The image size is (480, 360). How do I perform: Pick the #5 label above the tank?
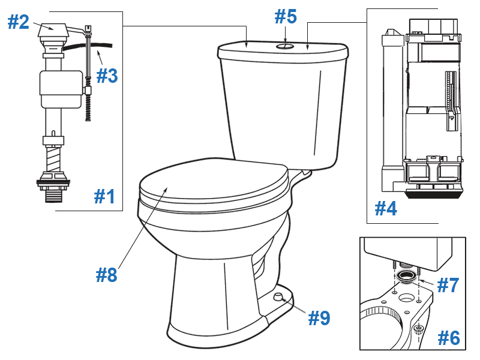pyautogui.click(x=286, y=17)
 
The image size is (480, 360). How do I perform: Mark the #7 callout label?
pyautogui.click(x=448, y=285)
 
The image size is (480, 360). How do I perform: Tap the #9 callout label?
pyautogui.click(x=319, y=317)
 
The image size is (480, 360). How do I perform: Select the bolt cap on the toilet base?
pyautogui.click(x=278, y=297)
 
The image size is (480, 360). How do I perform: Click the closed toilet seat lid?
pyautogui.click(x=210, y=180)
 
